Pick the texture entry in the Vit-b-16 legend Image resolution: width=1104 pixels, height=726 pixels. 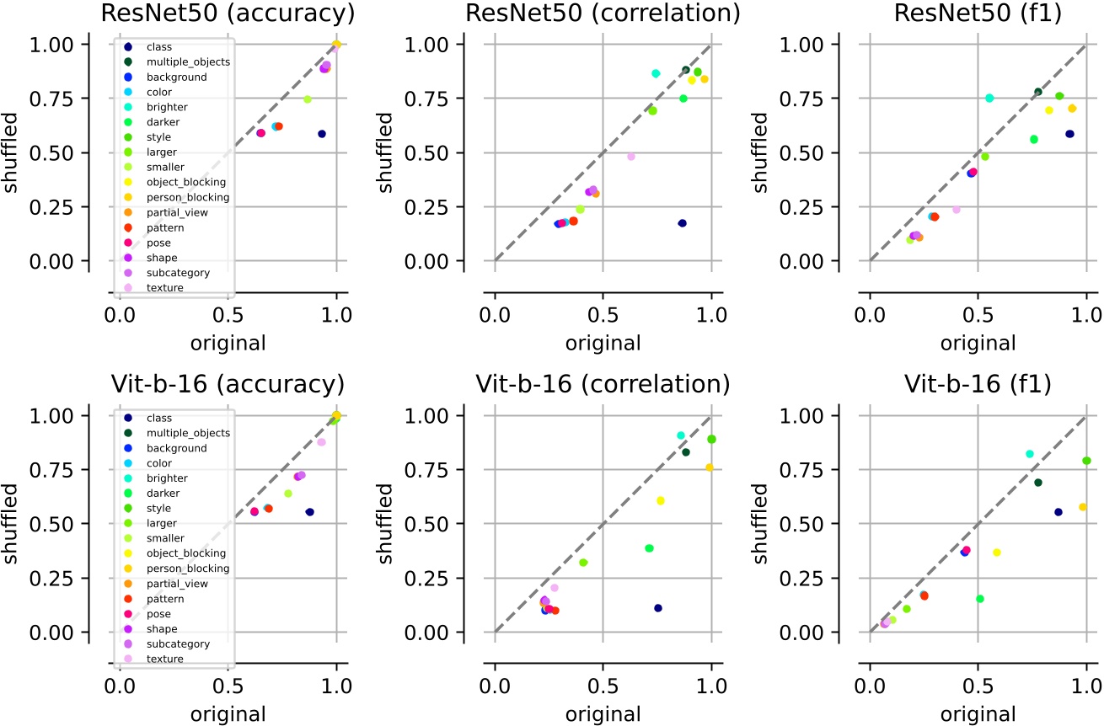[164, 658]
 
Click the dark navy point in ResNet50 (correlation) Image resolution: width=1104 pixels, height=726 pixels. [682, 223]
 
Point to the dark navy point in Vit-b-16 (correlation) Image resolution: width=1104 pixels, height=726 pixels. [658, 608]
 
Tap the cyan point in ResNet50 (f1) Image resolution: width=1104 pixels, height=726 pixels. [989, 98]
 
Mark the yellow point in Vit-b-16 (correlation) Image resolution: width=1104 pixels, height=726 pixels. [661, 500]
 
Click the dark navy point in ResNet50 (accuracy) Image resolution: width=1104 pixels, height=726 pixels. [321, 134]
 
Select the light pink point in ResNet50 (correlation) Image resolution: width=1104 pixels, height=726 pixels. [630, 157]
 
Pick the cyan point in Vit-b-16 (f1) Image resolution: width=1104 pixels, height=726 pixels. [1029, 454]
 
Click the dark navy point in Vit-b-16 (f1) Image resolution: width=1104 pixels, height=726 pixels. [1058, 512]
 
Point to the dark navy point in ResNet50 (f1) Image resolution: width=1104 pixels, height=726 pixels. [1069, 134]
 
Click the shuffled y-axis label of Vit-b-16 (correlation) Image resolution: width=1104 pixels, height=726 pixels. [385, 524]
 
